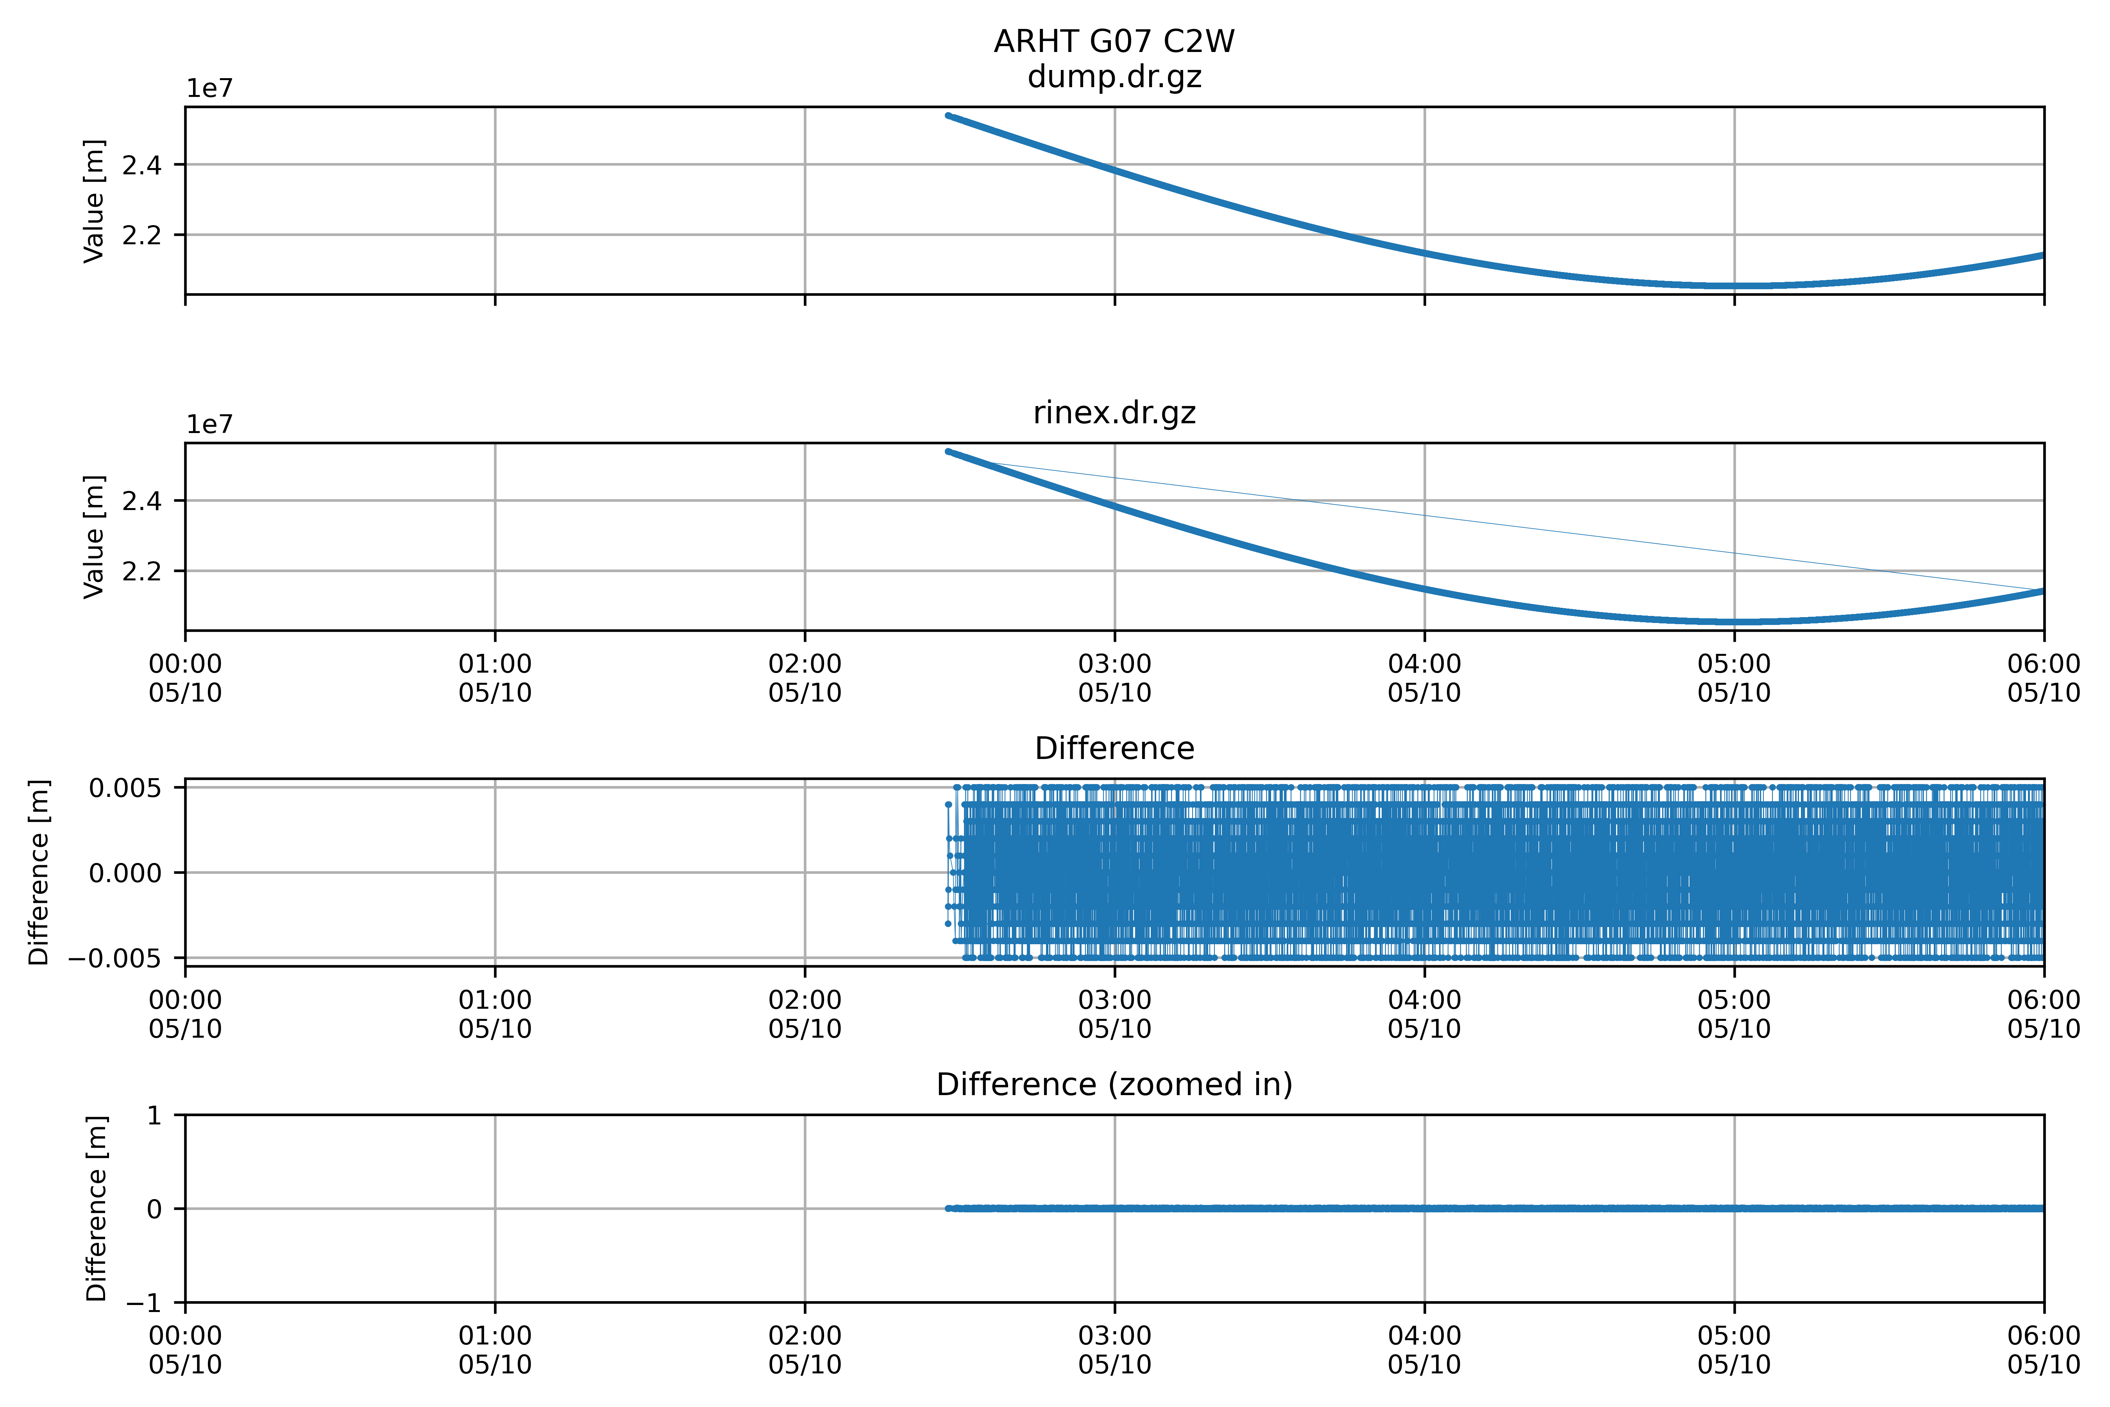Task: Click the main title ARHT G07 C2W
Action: [1114, 41]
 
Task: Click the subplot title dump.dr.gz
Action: [1114, 77]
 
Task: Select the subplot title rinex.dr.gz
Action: [1114, 413]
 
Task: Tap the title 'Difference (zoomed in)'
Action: [1114, 1085]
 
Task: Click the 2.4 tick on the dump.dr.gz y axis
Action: [142, 165]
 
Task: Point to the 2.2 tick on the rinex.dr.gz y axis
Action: [142, 571]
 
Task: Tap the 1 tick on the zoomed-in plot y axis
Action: [155, 1115]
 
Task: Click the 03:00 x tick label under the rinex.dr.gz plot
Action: [1114, 678]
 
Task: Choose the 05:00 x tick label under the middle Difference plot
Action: [1734, 1014]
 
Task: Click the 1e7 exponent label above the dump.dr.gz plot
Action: [209, 89]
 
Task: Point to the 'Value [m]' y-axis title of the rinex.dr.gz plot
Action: [93, 537]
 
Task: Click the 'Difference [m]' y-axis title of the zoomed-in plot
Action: [96, 1209]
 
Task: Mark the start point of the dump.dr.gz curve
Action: [948, 116]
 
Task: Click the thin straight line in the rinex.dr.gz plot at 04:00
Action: [1425, 516]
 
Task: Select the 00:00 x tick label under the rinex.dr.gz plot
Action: [186, 678]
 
